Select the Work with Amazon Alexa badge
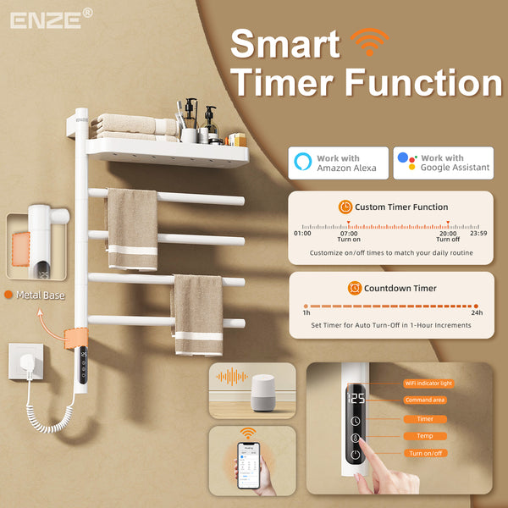tap(339, 163)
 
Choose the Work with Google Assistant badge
tap(443, 163)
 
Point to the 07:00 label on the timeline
tap(349, 233)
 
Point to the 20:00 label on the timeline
tap(448, 233)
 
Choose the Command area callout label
tap(426, 400)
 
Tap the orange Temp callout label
tap(426, 436)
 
